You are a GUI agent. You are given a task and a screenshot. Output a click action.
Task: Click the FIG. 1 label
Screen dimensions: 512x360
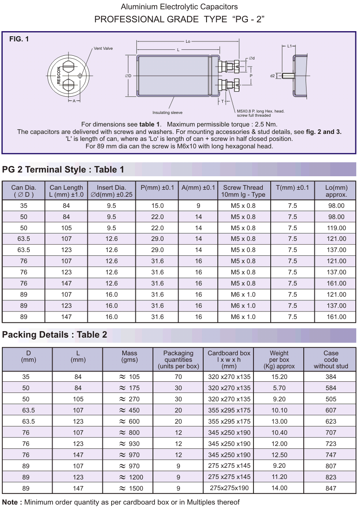click(x=19, y=39)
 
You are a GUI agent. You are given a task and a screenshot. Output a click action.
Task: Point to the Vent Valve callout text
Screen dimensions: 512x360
click(x=103, y=48)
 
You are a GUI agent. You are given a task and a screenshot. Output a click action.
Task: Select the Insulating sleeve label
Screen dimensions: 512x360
click(x=167, y=113)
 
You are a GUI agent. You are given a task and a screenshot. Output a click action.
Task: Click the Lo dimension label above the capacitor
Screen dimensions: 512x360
click(x=188, y=42)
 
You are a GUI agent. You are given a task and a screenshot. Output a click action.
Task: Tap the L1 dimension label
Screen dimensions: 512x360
click(x=289, y=47)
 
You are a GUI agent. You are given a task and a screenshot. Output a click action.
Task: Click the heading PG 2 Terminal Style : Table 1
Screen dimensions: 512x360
click(x=63, y=169)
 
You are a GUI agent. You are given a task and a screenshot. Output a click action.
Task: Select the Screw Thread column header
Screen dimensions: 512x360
click(x=243, y=191)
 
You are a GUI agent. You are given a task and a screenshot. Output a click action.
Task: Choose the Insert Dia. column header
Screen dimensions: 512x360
click(x=111, y=191)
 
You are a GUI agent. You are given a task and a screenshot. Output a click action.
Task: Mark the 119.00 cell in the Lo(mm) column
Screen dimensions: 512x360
click(x=336, y=228)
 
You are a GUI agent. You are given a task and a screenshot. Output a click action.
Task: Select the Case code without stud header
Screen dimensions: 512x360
click(x=331, y=359)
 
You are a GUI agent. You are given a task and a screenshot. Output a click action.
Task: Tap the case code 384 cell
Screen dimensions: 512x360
click(x=331, y=377)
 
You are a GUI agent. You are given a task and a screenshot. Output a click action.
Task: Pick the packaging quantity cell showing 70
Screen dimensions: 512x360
click(x=178, y=377)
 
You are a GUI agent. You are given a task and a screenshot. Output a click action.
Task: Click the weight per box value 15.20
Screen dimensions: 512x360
click(x=279, y=377)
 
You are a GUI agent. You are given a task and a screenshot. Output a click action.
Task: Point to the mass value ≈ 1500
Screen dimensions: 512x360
click(x=129, y=488)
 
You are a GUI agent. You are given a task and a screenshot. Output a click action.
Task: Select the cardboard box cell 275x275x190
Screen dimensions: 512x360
click(x=229, y=488)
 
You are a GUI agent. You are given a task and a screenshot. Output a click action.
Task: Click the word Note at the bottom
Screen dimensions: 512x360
click(x=11, y=502)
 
